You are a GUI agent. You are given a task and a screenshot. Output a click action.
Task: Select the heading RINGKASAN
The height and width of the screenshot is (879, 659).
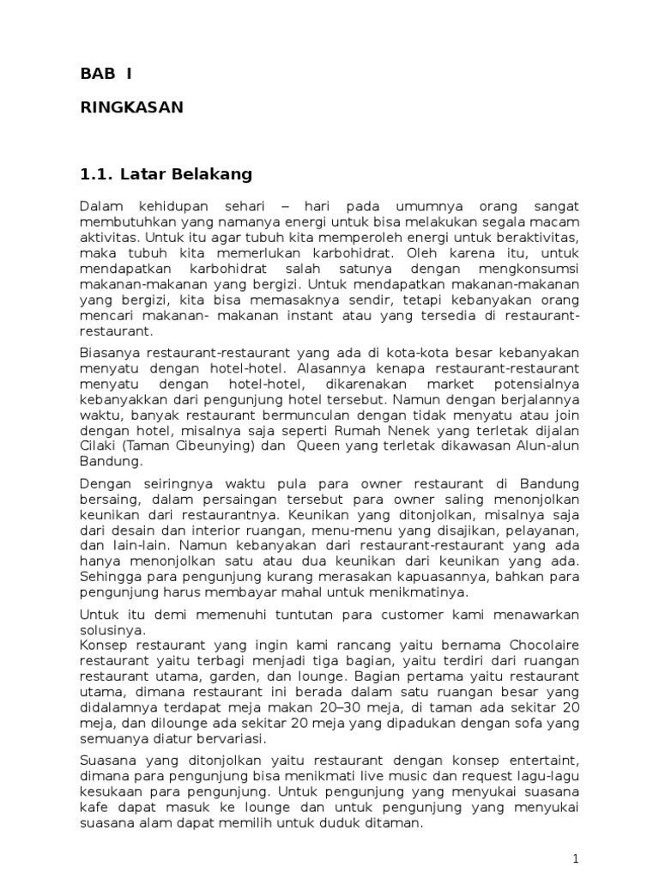click(131, 107)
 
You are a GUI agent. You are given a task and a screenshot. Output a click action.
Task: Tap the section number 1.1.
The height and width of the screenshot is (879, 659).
click(96, 174)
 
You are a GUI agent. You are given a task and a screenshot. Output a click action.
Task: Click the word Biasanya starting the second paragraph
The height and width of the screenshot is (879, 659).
click(110, 354)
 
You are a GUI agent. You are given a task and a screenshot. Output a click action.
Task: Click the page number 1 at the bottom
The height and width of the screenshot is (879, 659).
click(577, 858)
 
